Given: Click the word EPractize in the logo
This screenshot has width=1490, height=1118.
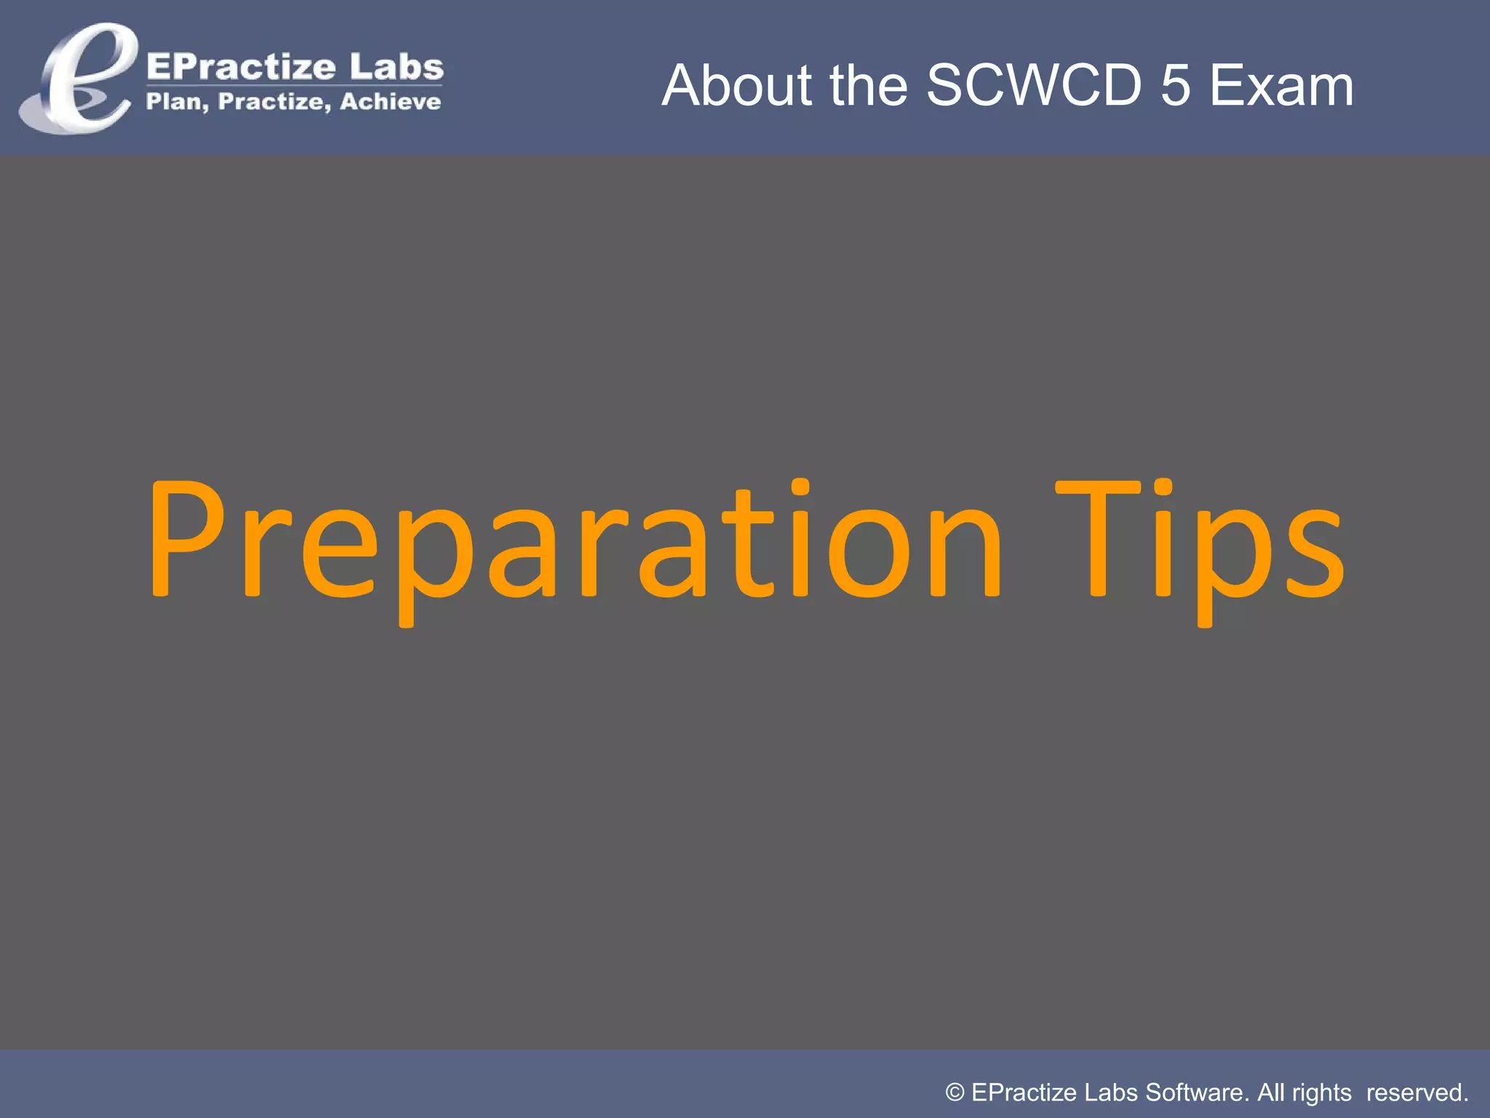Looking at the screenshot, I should click(241, 67).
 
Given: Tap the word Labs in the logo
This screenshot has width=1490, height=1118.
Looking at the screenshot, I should click(396, 67).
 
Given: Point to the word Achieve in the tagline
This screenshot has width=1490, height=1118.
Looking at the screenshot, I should click(390, 101).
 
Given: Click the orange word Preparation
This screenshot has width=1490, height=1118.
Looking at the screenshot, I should click(575, 542).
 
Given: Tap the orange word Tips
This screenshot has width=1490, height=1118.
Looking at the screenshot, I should click(1200, 542).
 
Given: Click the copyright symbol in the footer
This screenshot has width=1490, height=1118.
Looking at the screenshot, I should click(955, 1093).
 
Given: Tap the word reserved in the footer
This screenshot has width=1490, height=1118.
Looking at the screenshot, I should click(1417, 1093).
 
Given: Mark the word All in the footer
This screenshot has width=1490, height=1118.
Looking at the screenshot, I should click(1271, 1093).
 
